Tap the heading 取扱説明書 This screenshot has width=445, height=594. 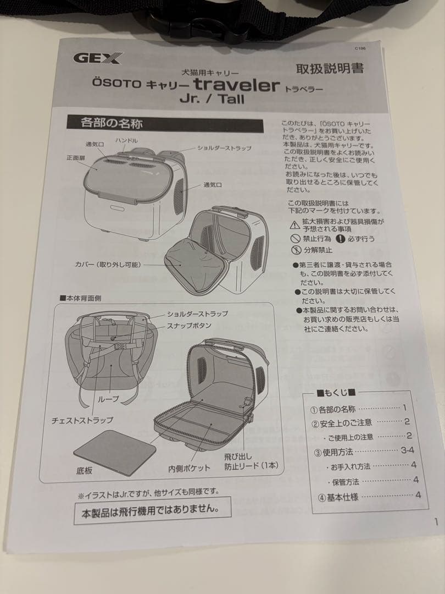tap(330, 69)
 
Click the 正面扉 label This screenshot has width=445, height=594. tap(76, 157)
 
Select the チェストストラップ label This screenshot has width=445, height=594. tap(82, 420)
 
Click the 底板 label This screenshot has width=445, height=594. tap(84, 471)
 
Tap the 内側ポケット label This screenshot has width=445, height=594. tap(189, 469)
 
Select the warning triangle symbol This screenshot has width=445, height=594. tap(294, 225)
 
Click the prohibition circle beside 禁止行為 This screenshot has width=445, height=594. tap(295, 239)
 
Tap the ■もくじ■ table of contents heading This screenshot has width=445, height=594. tap(336, 393)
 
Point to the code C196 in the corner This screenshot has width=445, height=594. tap(360, 49)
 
